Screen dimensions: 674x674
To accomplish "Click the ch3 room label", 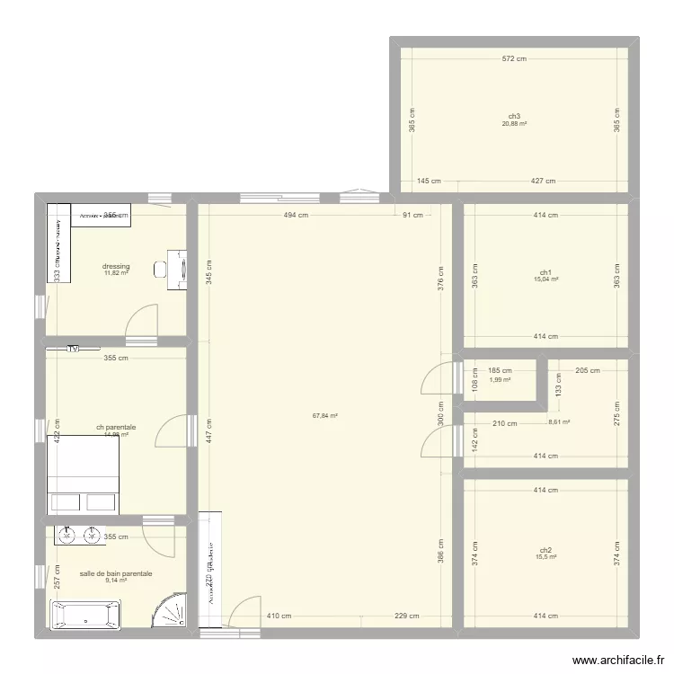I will coord(514,116).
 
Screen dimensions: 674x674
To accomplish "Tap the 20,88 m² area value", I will coord(514,124).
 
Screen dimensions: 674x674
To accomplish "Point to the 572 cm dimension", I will coord(514,58).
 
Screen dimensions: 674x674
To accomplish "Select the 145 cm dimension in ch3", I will coord(428,181).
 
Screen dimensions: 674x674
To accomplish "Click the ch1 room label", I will coord(545,272).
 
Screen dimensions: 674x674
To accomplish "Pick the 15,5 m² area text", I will coord(545,557).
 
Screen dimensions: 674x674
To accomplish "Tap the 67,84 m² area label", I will coord(325,416).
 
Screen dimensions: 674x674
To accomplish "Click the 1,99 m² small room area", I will coord(500,379).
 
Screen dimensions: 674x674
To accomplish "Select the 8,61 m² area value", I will coord(559,421).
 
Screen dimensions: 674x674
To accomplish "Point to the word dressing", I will coord(117,266).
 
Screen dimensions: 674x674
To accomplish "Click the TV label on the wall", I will coord(73,348).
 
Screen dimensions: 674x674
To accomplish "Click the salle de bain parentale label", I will coord(116,573).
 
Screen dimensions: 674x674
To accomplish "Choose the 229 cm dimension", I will coord(407,616).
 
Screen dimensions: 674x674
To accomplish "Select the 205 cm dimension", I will coord(589,370).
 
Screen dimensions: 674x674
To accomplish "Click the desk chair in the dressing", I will coord(161,268).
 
